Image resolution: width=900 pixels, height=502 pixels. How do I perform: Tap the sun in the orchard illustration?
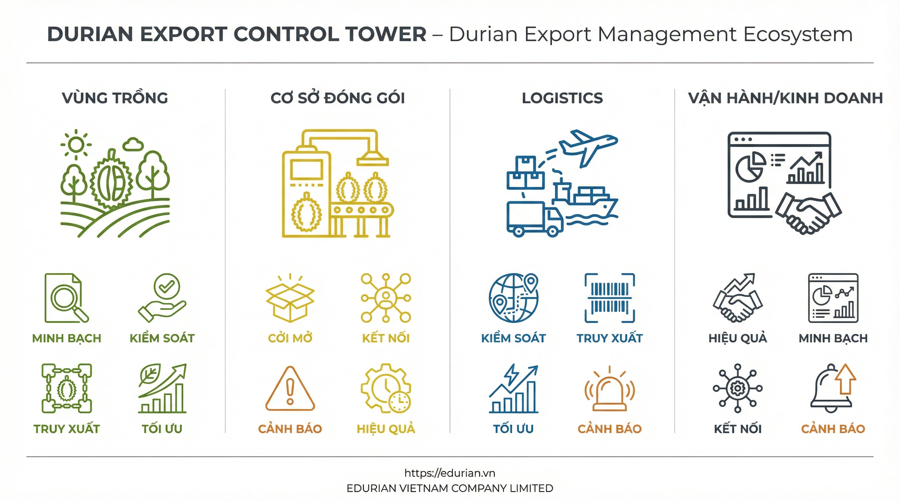(x=76, y=144)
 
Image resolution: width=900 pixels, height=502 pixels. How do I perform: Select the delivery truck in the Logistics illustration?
(x=534, y=219)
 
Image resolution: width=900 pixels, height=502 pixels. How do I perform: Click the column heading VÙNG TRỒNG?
(x=115, y=98)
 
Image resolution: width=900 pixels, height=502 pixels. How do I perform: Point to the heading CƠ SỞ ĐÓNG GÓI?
(x=337, y=98)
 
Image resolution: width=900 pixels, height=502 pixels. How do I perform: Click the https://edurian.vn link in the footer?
(x=450, y=473)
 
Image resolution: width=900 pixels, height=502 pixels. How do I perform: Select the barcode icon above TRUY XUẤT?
(x=609, y=298)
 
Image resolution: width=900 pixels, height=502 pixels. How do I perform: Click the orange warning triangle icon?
(x=290, y=389)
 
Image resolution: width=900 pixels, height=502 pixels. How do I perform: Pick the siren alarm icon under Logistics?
(x=609, y=390)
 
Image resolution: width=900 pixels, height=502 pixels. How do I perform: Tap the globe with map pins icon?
(x=513, y=298)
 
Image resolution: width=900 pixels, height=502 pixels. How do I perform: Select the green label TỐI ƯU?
(x=162, y=429)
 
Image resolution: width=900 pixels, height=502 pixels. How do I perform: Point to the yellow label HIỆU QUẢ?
(x=386, y=429)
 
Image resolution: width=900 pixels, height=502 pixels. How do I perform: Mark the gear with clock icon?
(x=386, y=389)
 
